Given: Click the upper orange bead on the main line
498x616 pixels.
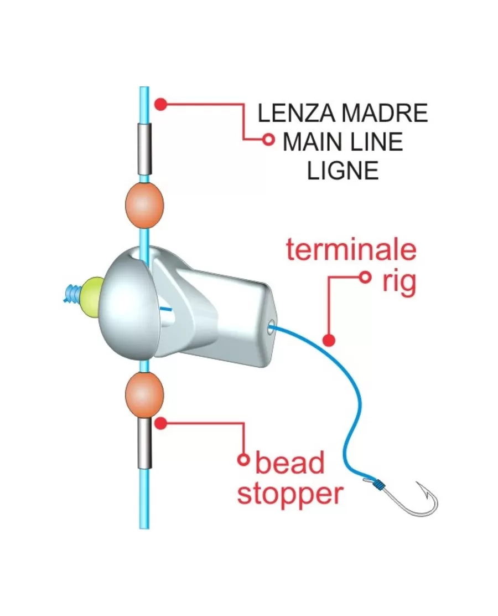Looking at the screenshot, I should tap(145, 206).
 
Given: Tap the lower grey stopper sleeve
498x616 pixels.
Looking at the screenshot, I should tap(144, 443).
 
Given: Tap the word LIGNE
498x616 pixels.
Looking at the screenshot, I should tap(343, 171).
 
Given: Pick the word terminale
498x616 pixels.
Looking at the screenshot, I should tap(351, 250).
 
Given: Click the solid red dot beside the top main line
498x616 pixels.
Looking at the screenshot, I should tap(161, 104).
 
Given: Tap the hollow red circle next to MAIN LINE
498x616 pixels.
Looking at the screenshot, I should tap(269, 140).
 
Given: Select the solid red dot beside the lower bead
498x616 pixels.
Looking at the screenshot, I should tap(161, 423).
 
